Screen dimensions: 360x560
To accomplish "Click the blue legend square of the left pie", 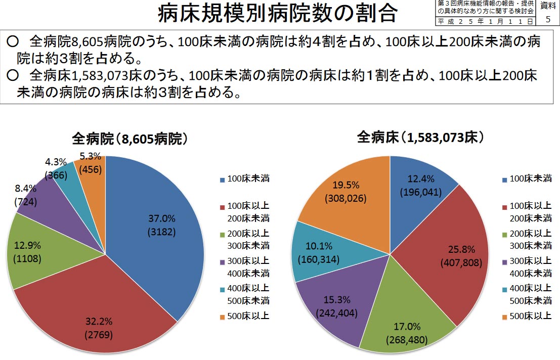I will point(222,179).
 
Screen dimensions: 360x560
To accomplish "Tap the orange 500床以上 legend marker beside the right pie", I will point(504,318).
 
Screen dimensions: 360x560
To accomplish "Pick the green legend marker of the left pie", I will point(222,235).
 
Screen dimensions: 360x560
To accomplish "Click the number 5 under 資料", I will point(548,20).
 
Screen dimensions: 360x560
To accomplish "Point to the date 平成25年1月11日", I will point(484,22).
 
